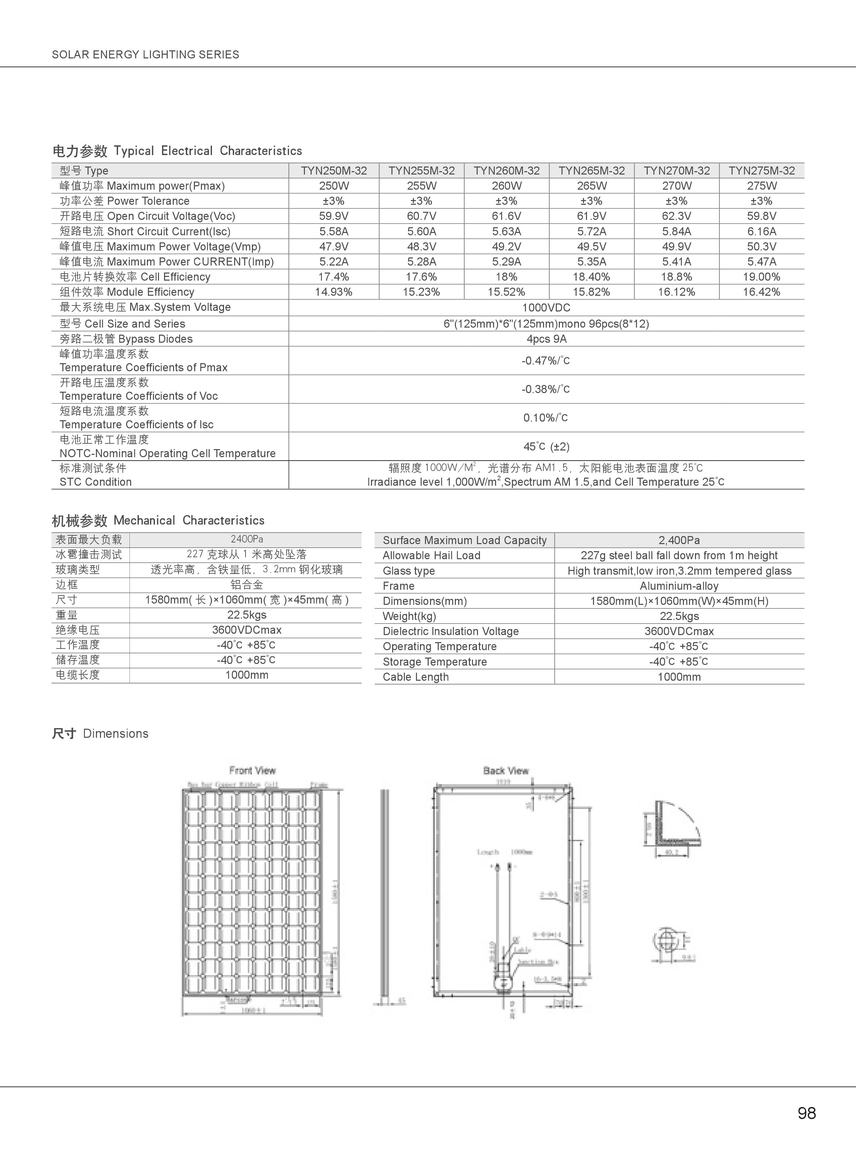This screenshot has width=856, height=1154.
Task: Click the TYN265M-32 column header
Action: tap(591, 171)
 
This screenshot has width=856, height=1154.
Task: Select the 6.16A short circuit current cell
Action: tap(761, 231)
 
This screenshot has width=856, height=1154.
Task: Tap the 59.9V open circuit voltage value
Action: tap(334, 216)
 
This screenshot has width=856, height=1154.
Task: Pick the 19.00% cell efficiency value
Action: tap(761, 277)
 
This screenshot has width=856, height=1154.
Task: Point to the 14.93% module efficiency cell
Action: tap(334, 292)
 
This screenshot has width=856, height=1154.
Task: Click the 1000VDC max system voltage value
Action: tap(546, 307)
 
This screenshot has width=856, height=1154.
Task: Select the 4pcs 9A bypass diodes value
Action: tap(546, 339)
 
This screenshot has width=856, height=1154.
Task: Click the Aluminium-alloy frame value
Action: tap(679, 586)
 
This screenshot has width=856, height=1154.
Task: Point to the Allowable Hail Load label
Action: tap(432, 555)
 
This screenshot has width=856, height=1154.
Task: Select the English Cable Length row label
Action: tap(416, 677)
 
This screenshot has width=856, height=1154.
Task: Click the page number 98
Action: tap(807, 1113)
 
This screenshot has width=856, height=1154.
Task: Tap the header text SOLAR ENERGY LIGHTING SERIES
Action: tap(146, 54)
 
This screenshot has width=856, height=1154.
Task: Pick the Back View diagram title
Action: tap(506, 770)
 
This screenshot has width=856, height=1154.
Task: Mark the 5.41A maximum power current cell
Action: tap(676, 262)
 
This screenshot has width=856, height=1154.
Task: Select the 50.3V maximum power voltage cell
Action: tap(761, 246)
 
